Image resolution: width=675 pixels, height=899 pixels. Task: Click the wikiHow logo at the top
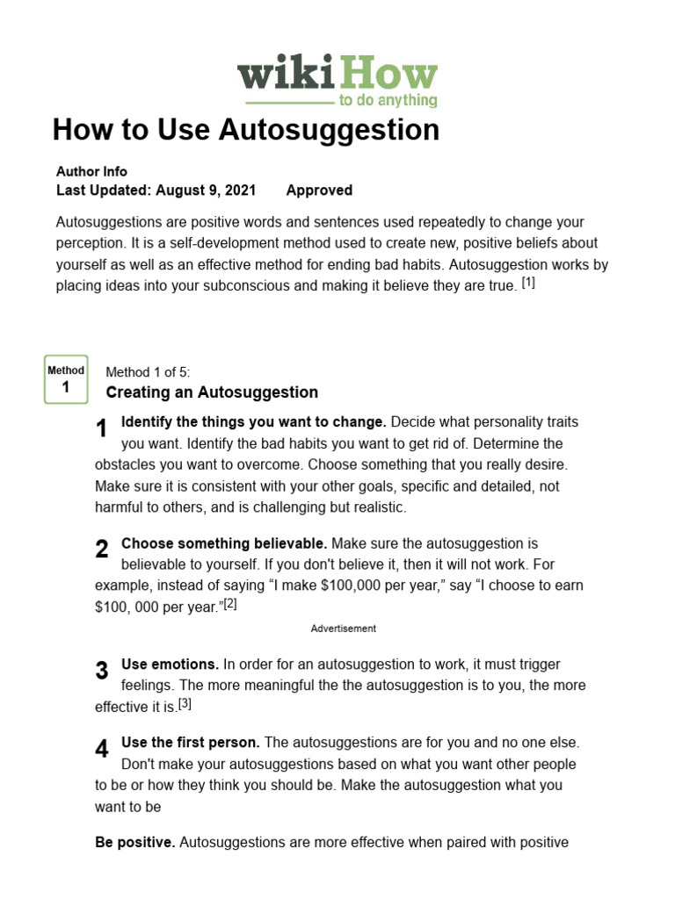[x=337, y=81]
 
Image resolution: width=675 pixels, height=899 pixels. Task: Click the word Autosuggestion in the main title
[x=329, y=130]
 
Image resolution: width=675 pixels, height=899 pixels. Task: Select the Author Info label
[x=91, y=171]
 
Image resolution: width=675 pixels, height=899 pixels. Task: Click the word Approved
[x=319, y=191]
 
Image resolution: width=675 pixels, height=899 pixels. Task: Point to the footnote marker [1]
[x=528, y=283]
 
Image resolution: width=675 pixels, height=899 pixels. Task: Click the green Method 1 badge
[x=66, y=379]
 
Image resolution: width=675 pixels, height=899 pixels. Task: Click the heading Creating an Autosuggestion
[x=212, y=392]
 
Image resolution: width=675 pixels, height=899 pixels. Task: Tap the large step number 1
[x=102, y=429]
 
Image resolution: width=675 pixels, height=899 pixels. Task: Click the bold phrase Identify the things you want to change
[x=254, y=422]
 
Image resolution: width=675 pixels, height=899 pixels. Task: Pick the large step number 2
[x=102, y=550]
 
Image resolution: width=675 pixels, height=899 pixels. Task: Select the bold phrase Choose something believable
[x=224, y=543]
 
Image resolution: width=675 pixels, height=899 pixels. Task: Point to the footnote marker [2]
[x=230, y=604]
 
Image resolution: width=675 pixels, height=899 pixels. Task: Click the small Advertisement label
[x=344, y=629]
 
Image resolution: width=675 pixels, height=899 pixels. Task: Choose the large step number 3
[x=102, y=671]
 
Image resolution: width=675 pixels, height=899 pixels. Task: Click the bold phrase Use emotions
[x=171, y=665]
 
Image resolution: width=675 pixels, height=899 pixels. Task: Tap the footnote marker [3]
[x=185, y=704]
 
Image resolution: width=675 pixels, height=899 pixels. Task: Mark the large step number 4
[x=102, y=749]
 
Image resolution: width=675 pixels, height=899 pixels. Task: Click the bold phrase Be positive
[x=135, y=843]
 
